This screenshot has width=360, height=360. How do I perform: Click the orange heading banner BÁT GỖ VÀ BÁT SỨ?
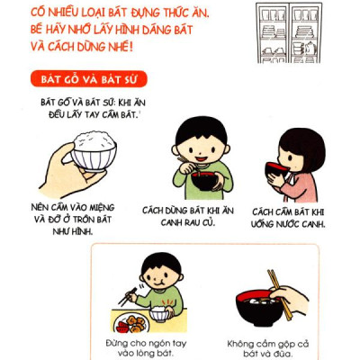click(x=86, y=77)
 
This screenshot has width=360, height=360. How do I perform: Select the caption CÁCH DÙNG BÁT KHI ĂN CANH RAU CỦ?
click(x=188, y=216)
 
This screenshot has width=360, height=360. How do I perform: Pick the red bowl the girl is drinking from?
click(x=280, y=168)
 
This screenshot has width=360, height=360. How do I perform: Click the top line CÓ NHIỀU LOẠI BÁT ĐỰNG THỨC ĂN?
click(x=130, y=13)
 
